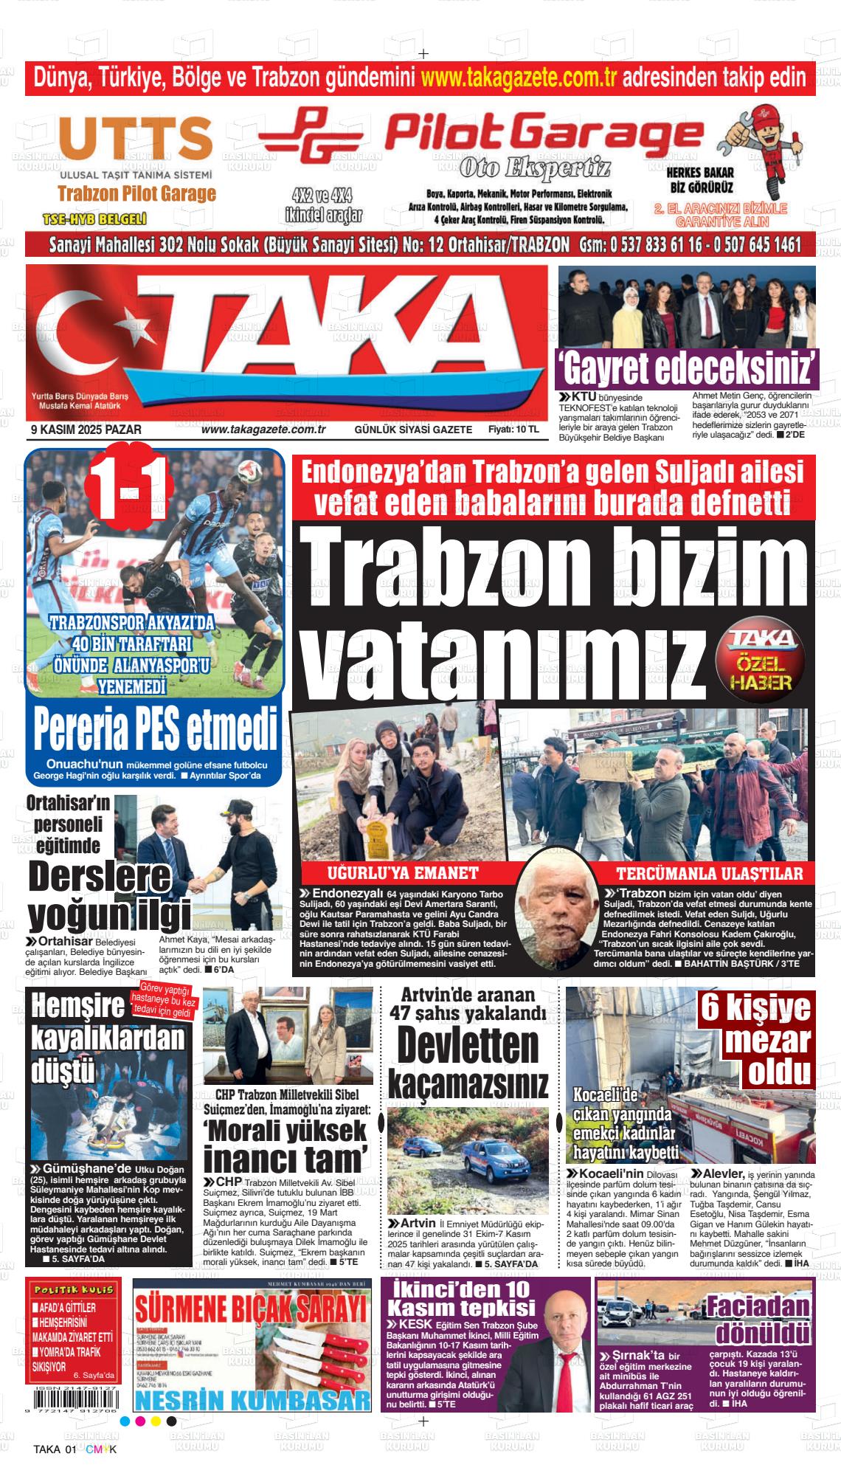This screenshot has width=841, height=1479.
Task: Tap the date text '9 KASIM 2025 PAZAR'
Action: point(86,430)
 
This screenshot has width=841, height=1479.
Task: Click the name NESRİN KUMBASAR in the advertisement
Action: point(252,1401)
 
